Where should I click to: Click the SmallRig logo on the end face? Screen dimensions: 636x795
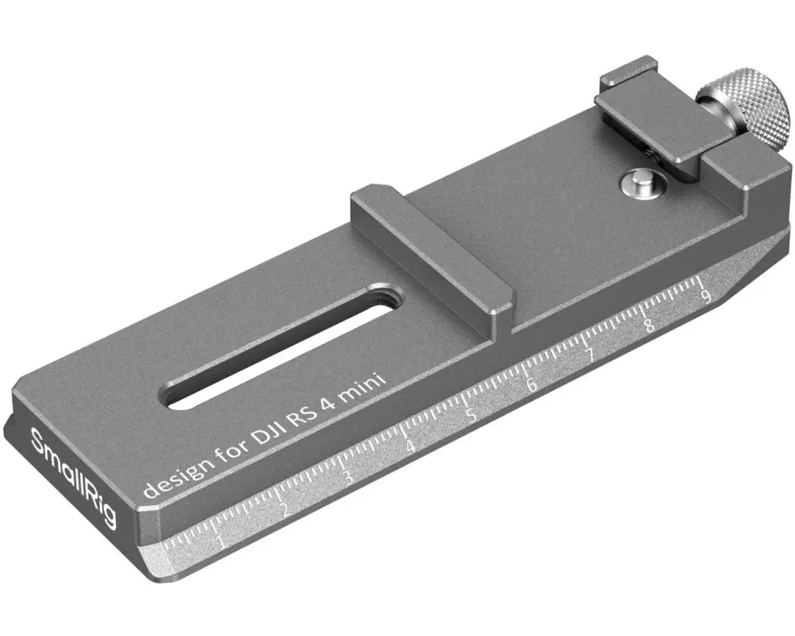[x=73, y=478]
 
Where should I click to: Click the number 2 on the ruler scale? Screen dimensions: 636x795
[x=285, y=510]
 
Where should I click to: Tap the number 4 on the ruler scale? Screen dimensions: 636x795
[x=410, y=446]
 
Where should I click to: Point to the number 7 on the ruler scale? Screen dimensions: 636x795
[x=590, y=355]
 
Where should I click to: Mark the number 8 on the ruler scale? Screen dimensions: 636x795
[x=648, y=325]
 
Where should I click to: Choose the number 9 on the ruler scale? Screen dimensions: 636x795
[x=704, y=298]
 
